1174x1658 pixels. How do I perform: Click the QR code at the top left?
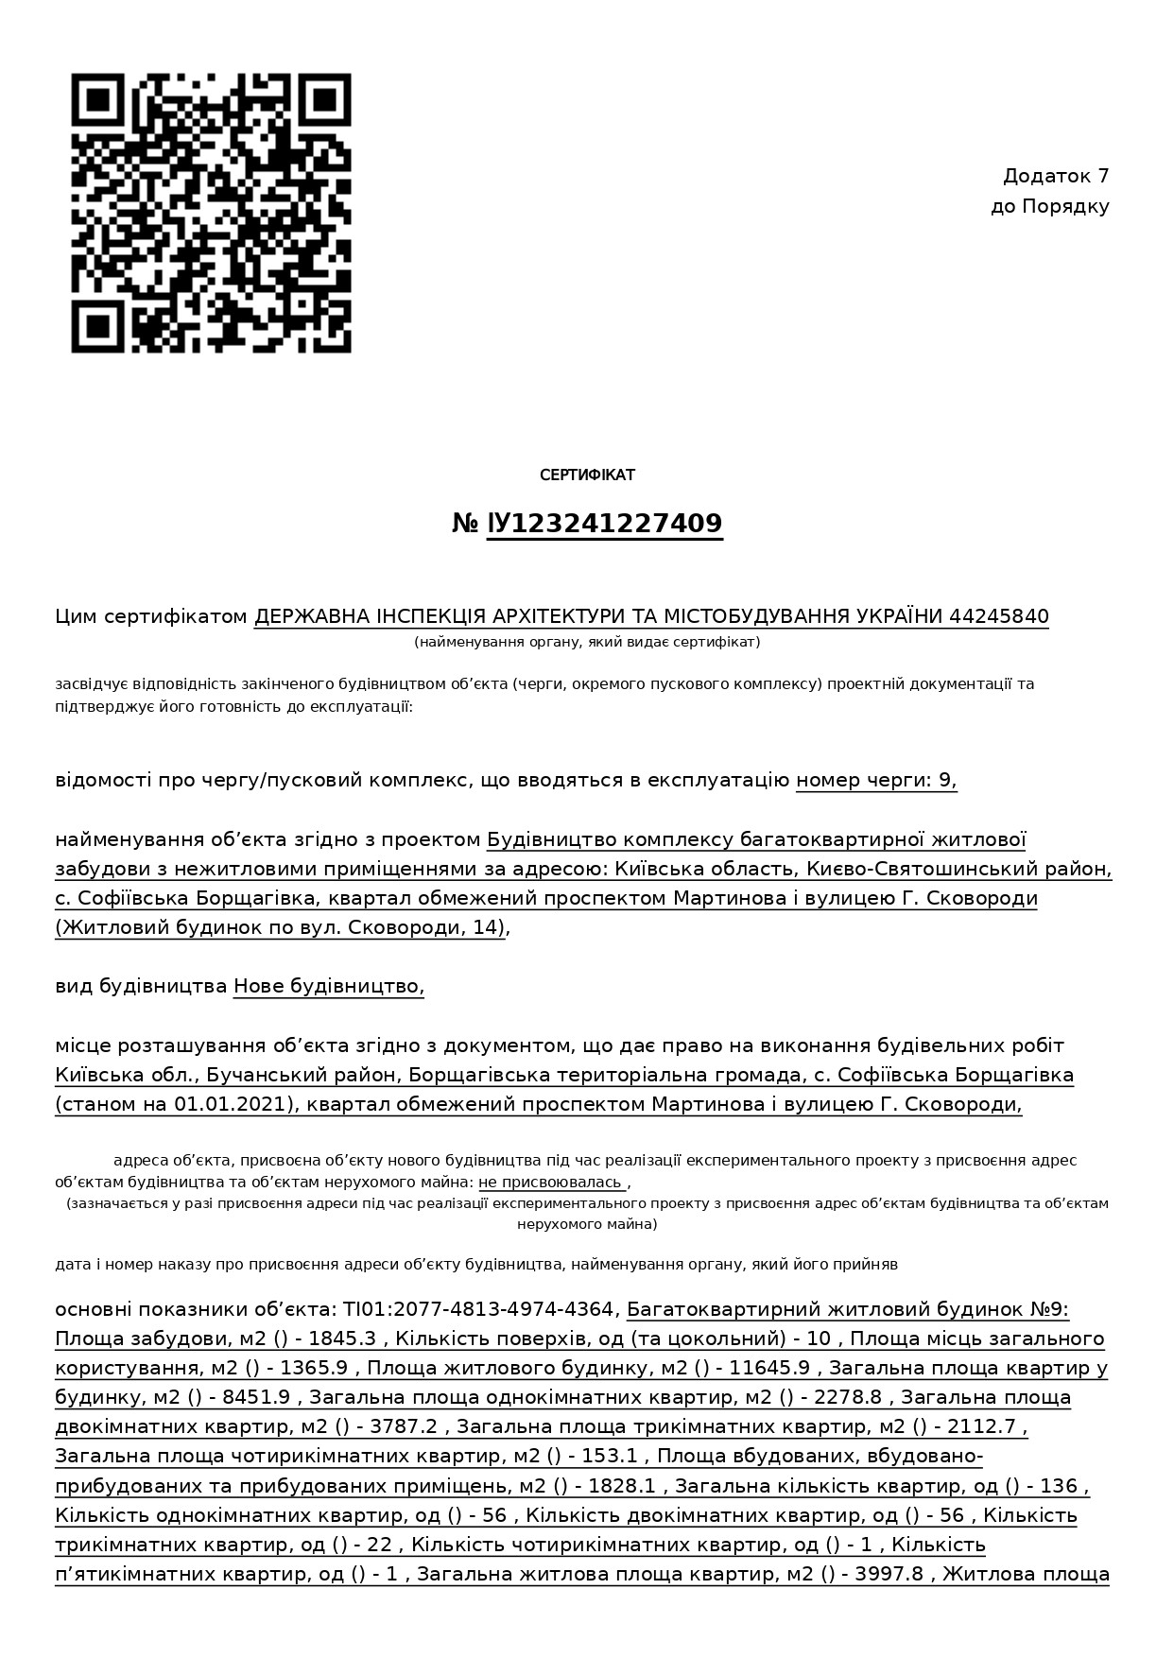click(212, 213)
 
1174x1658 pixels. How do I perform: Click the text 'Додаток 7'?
click(1055, 176)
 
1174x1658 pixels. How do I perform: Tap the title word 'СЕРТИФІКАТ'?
click(587, 475)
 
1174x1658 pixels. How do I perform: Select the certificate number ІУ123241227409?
click(605, 524)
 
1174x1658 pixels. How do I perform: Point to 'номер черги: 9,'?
click(876, 780)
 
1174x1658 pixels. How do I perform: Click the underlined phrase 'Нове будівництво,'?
click(329, 986)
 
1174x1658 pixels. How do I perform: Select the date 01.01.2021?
click(230, 1104)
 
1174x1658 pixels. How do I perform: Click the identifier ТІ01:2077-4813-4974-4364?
click(478, 1309)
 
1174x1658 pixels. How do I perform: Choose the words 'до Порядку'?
click(1049, 206)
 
